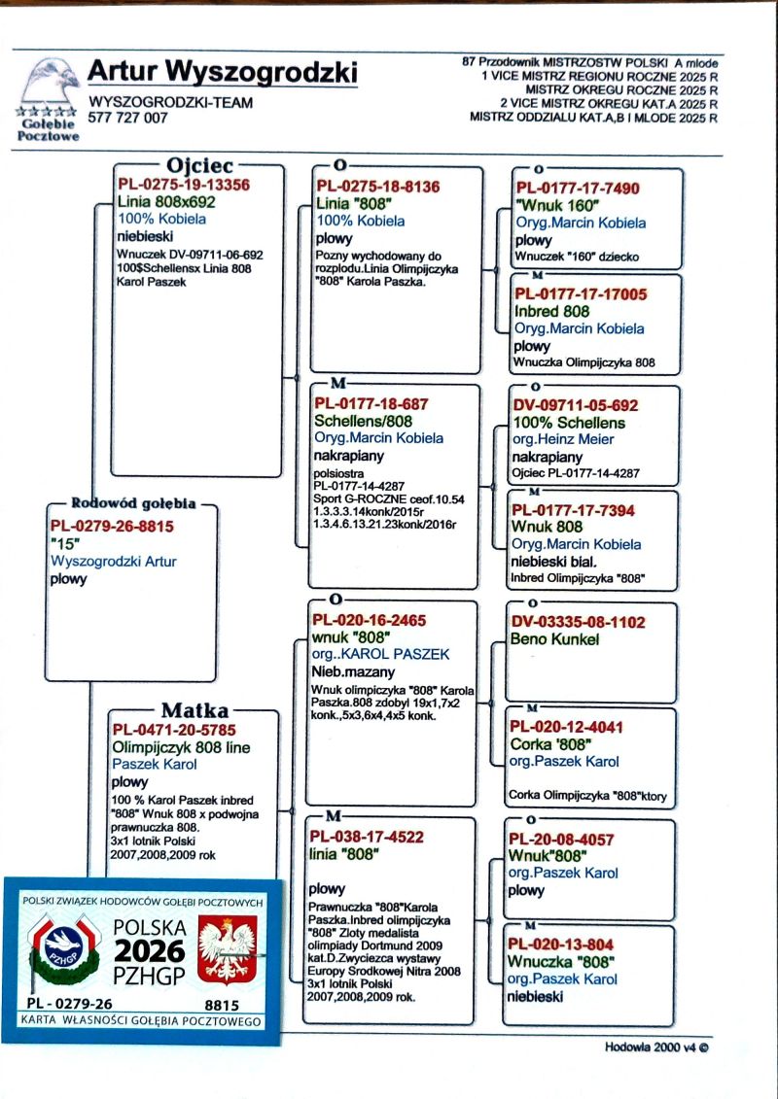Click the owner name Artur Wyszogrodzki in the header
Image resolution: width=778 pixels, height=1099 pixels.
(222, 72)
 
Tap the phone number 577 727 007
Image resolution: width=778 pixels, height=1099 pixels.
(127, 118)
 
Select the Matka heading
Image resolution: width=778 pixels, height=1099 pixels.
(194, 710)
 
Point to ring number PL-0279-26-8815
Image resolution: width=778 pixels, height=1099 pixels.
(112, 526)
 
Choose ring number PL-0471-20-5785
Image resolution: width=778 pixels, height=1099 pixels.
(174, 730)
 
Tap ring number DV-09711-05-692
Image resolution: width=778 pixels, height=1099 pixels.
(576, 405)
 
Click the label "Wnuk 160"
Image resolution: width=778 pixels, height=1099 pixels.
(557, 205)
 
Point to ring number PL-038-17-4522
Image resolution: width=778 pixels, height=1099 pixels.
(369, 836)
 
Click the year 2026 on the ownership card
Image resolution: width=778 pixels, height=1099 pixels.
(150, 949)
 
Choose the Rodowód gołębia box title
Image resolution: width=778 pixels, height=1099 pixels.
(133, 503)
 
